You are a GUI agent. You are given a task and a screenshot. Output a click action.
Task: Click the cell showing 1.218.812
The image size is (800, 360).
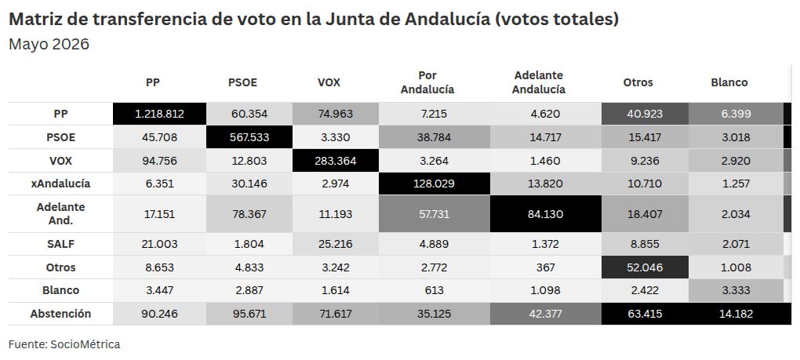[159, 114]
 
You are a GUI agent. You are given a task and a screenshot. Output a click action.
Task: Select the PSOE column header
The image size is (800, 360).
[242, 82]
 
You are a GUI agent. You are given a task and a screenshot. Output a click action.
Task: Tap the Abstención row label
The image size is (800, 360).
[60, 314]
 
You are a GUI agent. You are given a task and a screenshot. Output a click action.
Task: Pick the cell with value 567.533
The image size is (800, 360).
[249, 137]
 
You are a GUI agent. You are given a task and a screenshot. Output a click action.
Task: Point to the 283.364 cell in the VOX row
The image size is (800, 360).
[336, 161]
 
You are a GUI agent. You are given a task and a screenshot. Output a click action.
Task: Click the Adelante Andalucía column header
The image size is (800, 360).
[539, 82]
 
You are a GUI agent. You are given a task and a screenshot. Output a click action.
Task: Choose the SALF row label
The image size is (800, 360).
[60, 244]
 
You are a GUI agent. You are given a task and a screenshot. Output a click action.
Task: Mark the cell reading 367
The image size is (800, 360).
[546, 267]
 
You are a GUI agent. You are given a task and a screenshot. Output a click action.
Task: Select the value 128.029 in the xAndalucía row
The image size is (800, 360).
[435, 184]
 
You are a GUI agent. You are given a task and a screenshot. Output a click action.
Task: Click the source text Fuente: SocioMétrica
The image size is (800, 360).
[64, 344]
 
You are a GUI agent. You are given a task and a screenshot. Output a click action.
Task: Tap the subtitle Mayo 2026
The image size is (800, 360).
[49, 45]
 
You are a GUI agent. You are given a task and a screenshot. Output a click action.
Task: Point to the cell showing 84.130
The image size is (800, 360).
[546, 214]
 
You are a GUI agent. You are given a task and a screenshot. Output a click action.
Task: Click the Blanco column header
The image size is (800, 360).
[729, 82]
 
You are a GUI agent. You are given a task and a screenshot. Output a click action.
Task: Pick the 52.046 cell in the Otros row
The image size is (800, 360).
[645, 267]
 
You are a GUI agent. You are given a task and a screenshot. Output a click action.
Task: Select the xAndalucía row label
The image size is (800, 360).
[60, 184]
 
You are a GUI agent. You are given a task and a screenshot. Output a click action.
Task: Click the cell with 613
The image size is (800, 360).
[435, 290]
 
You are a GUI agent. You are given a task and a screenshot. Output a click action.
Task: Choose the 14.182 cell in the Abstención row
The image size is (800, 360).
[736, 314]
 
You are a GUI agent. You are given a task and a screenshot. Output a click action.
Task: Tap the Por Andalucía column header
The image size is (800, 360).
[427, 82]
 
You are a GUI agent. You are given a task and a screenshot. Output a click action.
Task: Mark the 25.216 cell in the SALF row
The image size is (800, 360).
[336, 244]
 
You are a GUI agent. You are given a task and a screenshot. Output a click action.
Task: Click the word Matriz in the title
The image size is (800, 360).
[33, 20]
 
